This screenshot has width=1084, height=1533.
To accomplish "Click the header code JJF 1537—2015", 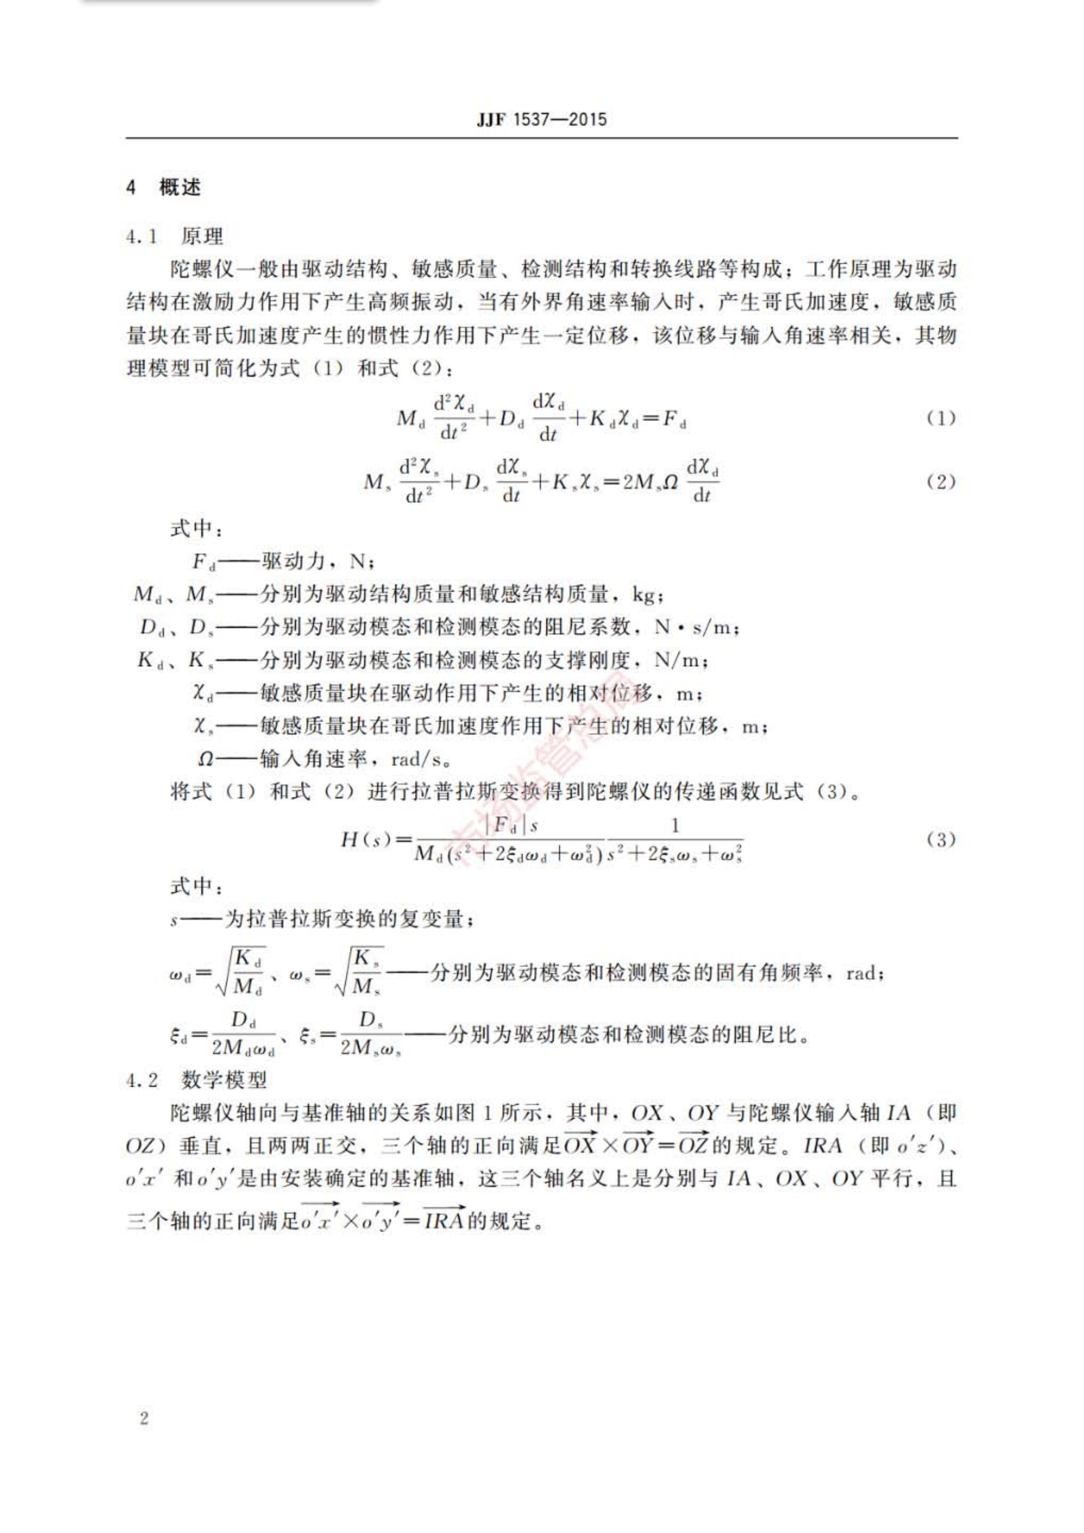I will (x=542, y=120).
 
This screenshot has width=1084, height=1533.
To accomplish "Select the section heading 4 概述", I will (x=163, y=188).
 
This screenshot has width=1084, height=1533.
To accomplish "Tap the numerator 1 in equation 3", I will (x=675, y=826).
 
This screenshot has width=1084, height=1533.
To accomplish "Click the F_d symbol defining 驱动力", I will (x=203, y=561).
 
